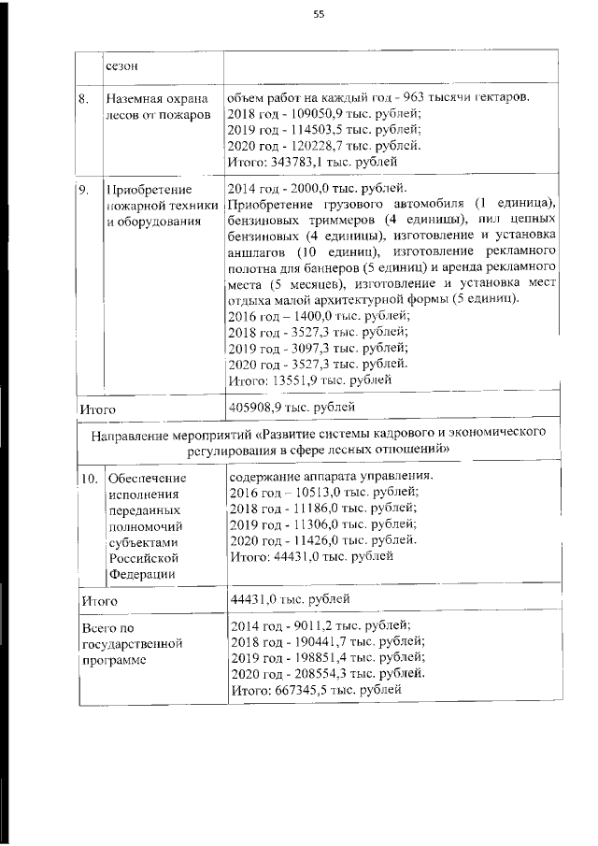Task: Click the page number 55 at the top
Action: (319, 14)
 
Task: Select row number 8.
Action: (84, 97)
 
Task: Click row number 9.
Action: (84, 190)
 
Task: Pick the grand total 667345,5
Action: (298, 689)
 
